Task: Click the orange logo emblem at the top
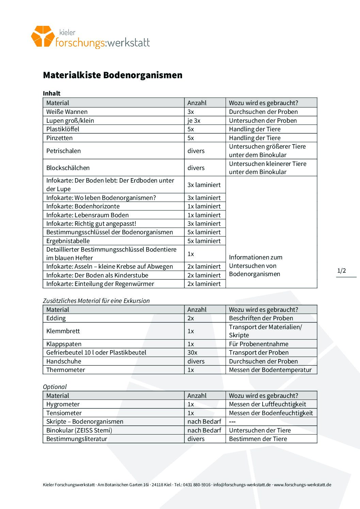(43, 36)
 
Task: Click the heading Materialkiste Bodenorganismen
(113, 75)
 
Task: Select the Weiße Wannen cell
(67, 112)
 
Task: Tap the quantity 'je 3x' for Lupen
(194, 121)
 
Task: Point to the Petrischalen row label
(64, 151)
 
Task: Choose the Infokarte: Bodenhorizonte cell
(83, 206)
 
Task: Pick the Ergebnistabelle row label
(68, 241)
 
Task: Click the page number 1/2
(342, 271)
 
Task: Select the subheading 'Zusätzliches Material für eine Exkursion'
(96, 301)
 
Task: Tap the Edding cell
(56, 318)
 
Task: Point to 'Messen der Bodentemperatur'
(270, 370)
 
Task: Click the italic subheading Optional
(55, 387)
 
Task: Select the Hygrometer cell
(63, 404)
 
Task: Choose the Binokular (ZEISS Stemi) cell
(79, 430)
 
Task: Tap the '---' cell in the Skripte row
(232, 422)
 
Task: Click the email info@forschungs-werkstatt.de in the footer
(242, 485)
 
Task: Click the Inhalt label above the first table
(52, 94)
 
